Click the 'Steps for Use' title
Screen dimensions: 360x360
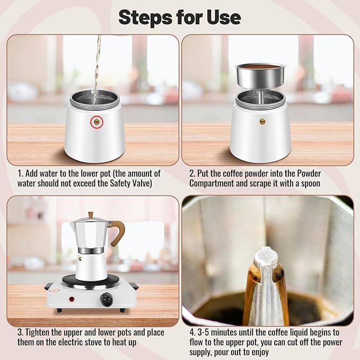point(180,17)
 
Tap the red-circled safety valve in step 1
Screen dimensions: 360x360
point(96,121)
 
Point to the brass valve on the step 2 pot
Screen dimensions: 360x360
point(262,121)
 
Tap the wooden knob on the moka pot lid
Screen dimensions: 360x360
point(91,215)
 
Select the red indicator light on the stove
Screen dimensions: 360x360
point(72,299)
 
